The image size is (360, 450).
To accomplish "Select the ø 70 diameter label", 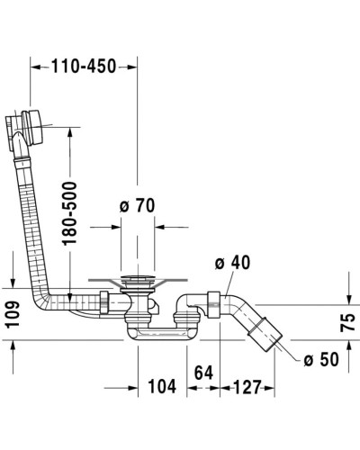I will (x=138, y=206).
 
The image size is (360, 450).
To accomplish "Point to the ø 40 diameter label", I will (x=232, y=262).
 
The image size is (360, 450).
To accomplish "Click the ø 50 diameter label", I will (x=320, y=360).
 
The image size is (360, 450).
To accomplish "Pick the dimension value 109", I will (x=12, y=314).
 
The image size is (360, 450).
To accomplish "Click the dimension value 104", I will (x=161, y=387).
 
